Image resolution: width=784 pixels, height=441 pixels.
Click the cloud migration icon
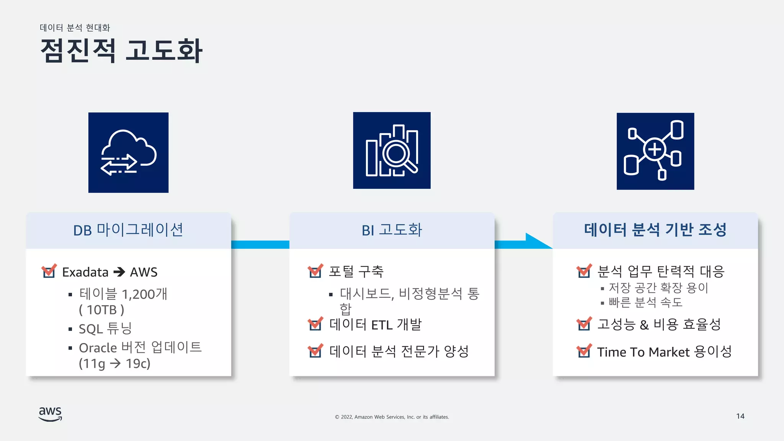[128, 152]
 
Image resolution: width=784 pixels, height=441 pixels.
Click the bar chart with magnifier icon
[392, 150]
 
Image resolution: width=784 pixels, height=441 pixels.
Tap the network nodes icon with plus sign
[655, 151]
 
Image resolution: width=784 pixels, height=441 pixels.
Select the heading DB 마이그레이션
[128, 230]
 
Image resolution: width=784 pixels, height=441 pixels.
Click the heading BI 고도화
[392, 230]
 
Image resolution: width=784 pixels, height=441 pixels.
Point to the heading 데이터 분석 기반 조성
[655, 230]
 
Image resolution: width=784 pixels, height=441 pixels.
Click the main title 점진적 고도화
[121, 51]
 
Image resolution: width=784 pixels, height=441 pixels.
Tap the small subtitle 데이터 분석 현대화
[75, 28]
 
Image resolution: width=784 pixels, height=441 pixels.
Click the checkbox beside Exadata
[49, 271]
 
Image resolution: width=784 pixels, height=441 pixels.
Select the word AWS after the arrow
[144, 272]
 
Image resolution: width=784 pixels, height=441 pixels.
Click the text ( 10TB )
[101, 310]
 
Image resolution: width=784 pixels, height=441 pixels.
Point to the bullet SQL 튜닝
[105, 328]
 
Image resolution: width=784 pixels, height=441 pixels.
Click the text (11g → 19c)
[114, 363]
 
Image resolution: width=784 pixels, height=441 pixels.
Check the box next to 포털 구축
[315, 271]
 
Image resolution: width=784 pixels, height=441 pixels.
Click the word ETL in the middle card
[382, 325]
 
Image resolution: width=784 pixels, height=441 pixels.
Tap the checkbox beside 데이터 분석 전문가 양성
[315, 351]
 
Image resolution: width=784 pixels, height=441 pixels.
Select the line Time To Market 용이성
[664, 351]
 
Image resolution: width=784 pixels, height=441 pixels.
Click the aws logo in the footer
[50, 414]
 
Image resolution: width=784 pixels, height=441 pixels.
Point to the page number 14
[740, 416]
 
